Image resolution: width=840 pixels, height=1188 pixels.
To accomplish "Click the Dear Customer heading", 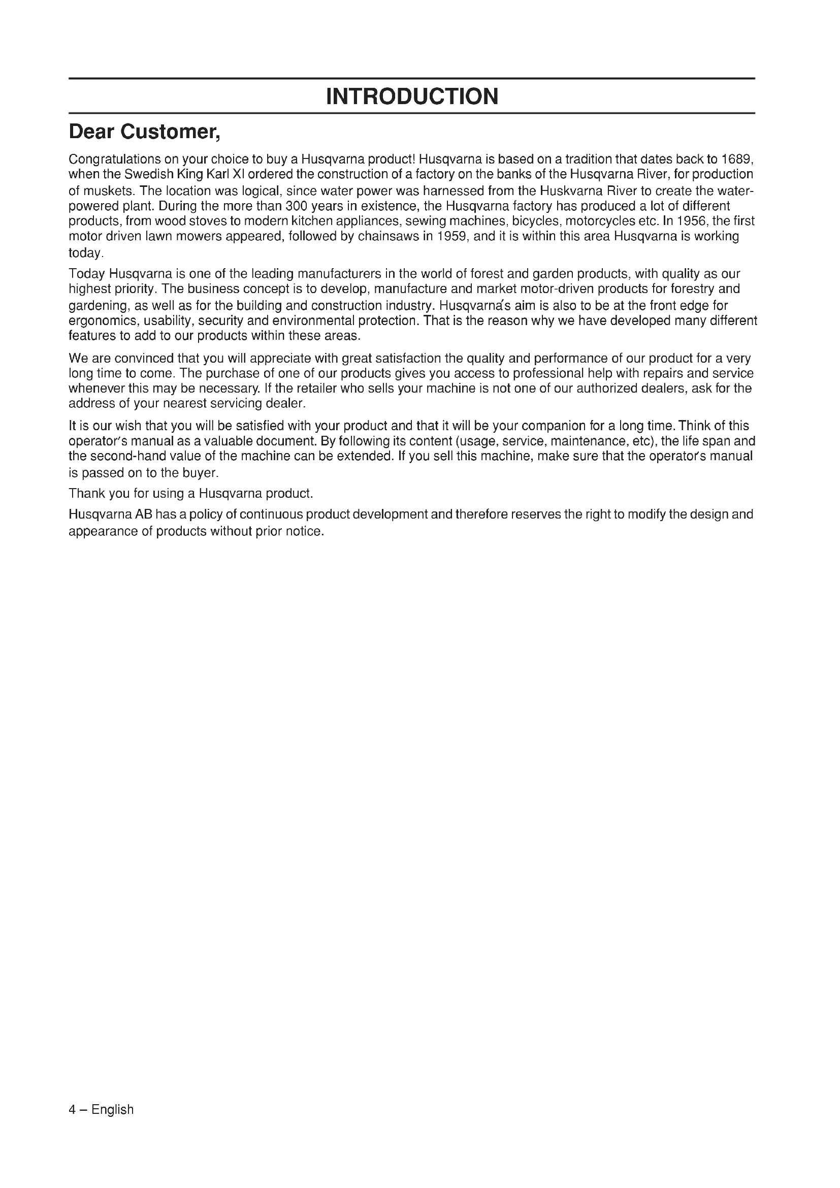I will tap(145, 133).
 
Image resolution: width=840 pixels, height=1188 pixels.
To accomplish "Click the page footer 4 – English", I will tap(102, 1110).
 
